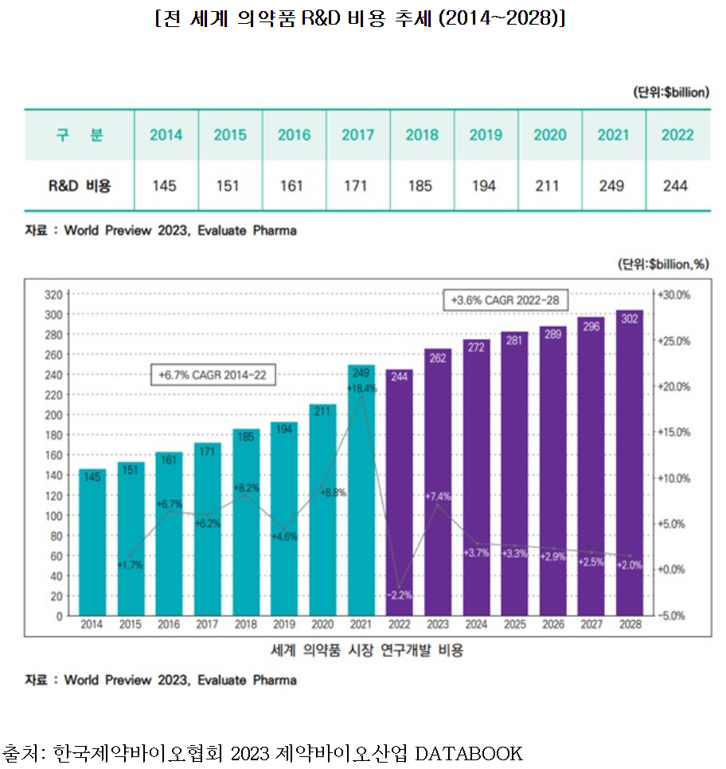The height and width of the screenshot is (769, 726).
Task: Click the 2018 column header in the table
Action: (422, 134)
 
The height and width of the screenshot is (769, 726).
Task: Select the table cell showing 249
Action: (614, 186)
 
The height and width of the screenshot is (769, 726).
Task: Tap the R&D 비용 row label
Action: (79, 186)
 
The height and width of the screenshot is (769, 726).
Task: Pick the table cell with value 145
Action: (165, 186)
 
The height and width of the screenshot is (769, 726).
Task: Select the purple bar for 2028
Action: (629, 477)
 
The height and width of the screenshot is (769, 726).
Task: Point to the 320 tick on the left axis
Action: (53, 294)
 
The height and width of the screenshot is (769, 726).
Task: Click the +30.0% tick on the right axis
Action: (673, 294)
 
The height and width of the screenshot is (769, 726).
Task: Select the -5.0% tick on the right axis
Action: (673, 616)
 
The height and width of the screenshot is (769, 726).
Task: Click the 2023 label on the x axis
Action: (437, 625)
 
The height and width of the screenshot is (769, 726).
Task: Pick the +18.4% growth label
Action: (361, 388)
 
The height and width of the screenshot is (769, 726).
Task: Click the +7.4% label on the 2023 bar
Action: (437, 497)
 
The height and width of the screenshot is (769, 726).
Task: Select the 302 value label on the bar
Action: (629, 320)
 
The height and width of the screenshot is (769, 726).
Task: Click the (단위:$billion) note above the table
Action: (671, 92)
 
